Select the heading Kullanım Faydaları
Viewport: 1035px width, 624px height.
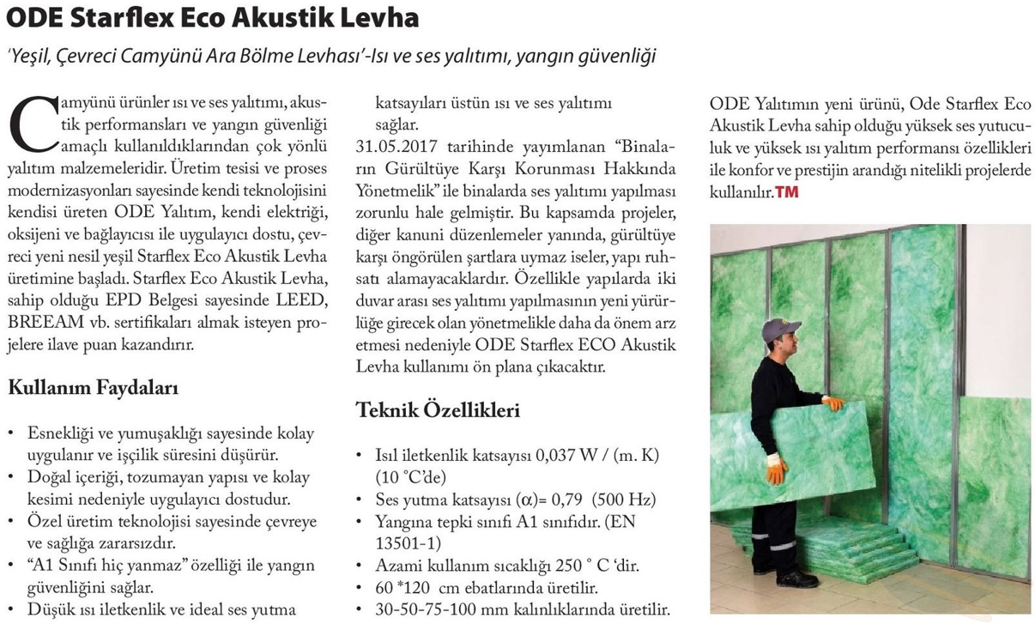pyautogui.click(x=93, y=388)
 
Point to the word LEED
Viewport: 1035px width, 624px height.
pyautogui.click(x=295, y=301)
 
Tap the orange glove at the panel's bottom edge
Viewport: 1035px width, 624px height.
pyautogui.click(x=777, y=468)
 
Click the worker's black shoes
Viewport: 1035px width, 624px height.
pyautogui.click(x=794, y=579)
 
